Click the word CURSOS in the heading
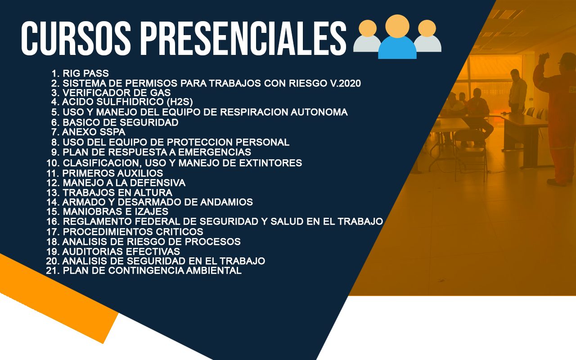(x=76, y=39)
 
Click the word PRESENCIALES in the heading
(x=243, y=39)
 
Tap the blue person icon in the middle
(x=397, y=37)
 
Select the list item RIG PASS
(x=80, y=73)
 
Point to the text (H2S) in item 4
(x=180, y=102)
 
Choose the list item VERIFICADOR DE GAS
(x=111, y=93)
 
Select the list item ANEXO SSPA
(x=88, y=132)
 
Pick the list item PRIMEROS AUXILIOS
(x=105, y=173)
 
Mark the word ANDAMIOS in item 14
(x=226, y=202)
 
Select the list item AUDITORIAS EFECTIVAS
(x=113, y=252)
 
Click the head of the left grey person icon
(x=368, y=28)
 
